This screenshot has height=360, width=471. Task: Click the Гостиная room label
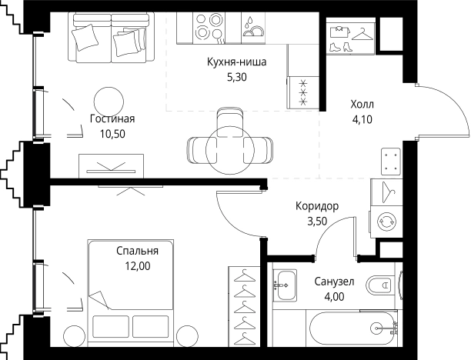point(112,119)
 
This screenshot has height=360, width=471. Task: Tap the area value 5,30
point(237,77)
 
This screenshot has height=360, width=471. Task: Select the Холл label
point(362,105)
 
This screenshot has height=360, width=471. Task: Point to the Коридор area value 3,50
point(317,222)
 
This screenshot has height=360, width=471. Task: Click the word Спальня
point(137,251)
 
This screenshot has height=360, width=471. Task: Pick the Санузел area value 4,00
point(334,297)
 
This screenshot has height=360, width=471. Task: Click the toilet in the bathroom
point(379,284)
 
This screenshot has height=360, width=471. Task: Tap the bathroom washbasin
point(285,285)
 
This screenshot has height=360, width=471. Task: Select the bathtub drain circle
point(376,328)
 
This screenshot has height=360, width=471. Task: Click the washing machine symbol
point(386,222)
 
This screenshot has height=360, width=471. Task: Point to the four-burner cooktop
point(208,28)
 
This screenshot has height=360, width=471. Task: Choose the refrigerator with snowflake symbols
point(303,92)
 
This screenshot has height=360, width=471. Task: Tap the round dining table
point(230,150)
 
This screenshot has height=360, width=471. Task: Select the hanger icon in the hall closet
point(362,34)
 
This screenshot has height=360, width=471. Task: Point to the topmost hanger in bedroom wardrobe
point(244,275)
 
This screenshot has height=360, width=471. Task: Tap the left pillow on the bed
point(111,326)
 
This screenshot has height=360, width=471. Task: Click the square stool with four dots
point(391,162)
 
